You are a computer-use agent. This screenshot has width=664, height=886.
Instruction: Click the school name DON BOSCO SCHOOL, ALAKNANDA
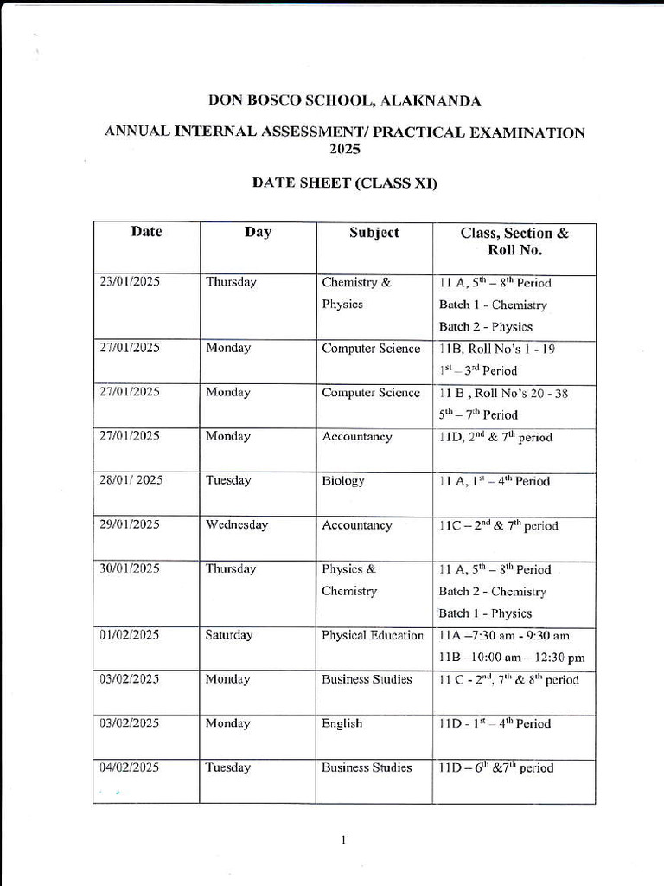(344, 101)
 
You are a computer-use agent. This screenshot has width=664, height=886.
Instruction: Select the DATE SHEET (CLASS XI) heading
(344, 183)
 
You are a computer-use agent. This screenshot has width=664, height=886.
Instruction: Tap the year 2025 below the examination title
(344, 148)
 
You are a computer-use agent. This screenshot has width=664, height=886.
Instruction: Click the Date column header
(146, 232)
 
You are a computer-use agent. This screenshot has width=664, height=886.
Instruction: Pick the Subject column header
(373, 233)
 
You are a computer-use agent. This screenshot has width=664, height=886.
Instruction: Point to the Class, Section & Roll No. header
(514, 241)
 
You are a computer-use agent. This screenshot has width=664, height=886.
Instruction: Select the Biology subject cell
(343, 481)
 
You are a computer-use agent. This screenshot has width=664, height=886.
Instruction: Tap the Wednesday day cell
(236, 525)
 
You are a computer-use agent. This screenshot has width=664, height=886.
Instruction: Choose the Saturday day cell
(229, 635)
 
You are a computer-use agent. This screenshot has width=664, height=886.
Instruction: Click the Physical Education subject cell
(373, 635)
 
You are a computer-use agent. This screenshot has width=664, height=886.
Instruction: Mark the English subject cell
(342, 723)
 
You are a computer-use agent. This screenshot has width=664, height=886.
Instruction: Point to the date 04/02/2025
(130, 767)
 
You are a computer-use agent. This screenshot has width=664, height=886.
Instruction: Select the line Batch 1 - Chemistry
(493, 305)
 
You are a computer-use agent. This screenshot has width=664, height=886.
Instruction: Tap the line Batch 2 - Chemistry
(493, 592)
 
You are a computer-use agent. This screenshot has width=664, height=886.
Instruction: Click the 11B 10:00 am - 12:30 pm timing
(511, 658)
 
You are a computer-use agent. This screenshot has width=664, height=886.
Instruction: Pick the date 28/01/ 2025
(131, 481)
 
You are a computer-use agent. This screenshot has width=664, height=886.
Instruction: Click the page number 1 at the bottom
(343, 839)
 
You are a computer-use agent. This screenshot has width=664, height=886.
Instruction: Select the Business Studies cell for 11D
(367, 767)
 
